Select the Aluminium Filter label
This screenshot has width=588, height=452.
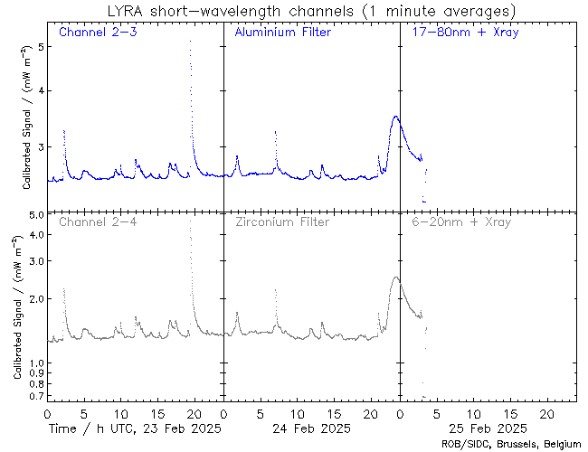coord(282,33)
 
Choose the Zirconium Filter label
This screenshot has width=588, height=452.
coord(282,221)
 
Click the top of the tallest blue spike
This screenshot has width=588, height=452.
coord(190,41)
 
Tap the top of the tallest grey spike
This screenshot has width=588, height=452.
coord(190,221)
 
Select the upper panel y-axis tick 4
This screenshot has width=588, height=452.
coord(40,90)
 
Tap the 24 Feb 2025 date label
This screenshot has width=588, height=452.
coord(312,427)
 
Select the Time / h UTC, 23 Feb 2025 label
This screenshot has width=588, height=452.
coord(135,427)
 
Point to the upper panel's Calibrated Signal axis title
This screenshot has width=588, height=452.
coord(27,121)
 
